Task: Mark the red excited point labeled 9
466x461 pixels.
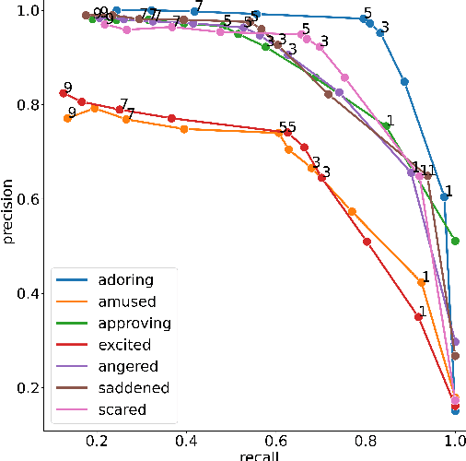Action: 63,93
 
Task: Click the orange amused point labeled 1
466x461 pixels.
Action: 421,282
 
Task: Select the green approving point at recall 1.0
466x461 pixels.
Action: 455,241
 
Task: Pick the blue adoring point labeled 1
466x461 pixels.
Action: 444,196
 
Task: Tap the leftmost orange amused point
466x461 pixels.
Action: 67,119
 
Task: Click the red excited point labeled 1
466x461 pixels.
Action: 418,317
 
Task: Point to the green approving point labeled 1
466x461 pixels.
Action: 385,125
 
